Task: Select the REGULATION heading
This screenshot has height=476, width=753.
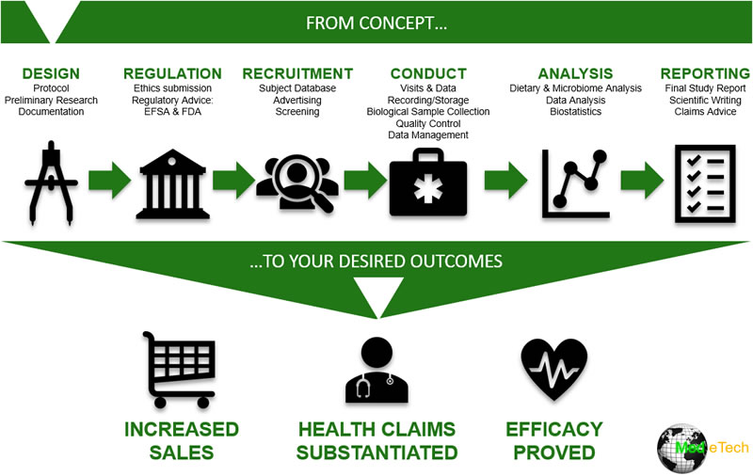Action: click(172, 73)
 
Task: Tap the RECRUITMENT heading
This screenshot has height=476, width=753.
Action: click(297, 73)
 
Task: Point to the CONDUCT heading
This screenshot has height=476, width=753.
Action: click(428, 73)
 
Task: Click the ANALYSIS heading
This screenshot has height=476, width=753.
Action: click(575, 73)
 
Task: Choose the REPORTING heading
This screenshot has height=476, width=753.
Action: click(705, 73)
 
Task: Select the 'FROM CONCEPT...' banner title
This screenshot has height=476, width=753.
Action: click(376, 22)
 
